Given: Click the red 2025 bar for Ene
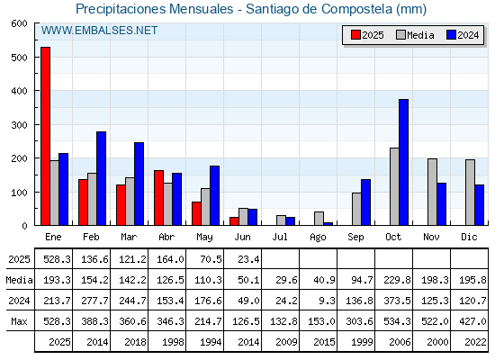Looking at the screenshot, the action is pyautogui.click(x=45, y=136).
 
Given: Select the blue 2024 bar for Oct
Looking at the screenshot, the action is pyautogui.click(x=404, y=162).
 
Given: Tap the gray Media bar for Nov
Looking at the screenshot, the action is pyautogui.click(x=432, y=192).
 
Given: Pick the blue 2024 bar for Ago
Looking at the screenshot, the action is pyautogui.click(x=328, y=224).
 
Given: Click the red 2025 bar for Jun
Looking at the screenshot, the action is pyautogui.click(x=234, y=221).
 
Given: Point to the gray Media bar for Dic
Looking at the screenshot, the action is pyautogui.click(x=470, y=193).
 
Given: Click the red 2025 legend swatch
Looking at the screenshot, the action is pyautogui.click(x=355, y=35).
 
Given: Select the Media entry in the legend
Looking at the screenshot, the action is pyautogui.click(x=415, y=35).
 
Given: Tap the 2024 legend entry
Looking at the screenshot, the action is pyautogui.click(x=463, y=35).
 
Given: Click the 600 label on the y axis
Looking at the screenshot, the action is pyautogui.click(x=19, y=23).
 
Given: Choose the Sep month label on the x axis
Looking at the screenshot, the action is pyautogui.click(x=355, y=238).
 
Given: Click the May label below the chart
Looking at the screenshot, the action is pyautogui.click(x=204, y=238).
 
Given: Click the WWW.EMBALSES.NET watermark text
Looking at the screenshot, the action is pyautogui.click(x=99, y=31).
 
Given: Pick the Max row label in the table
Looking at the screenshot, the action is pyautogui.click(x=19, y=321).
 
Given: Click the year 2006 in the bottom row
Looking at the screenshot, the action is pyautogui.click(x=400, y=342).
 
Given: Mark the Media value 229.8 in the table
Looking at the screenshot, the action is pyautogui.click(x=397, y=280).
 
